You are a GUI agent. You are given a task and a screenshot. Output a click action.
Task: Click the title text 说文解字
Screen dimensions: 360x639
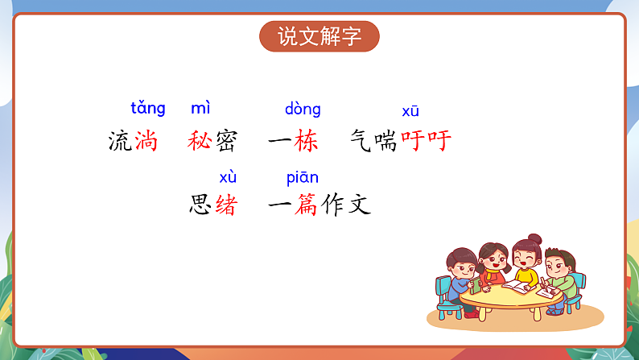[319, 37]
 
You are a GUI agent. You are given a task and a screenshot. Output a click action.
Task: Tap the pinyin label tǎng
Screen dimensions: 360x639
[148, 108]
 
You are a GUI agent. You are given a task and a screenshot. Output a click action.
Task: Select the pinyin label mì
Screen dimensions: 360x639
[200, 108]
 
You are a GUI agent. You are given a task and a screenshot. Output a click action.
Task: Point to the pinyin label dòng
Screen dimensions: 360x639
[303, 109]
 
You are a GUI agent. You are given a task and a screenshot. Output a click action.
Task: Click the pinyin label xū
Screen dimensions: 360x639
[410, 111]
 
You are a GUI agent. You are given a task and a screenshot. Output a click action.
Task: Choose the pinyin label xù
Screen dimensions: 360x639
[228, 177]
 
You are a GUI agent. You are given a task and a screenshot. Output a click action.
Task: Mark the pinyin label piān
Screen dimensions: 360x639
[303, 177]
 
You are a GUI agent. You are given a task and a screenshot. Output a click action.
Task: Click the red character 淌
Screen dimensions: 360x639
[146, 142]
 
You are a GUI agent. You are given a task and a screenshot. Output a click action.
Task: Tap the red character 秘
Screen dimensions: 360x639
[199, 142]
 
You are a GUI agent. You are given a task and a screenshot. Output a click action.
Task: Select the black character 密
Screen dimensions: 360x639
[225, 142]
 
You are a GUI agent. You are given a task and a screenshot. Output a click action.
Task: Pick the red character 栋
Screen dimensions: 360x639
[306, 142]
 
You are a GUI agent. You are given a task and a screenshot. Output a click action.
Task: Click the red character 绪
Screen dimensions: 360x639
[225, 205]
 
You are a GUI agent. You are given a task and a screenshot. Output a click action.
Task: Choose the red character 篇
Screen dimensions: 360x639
[306, 205]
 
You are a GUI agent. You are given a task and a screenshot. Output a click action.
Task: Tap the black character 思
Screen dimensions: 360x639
[200, 205]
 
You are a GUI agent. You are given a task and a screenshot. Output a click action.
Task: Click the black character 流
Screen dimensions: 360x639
[120, 142]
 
